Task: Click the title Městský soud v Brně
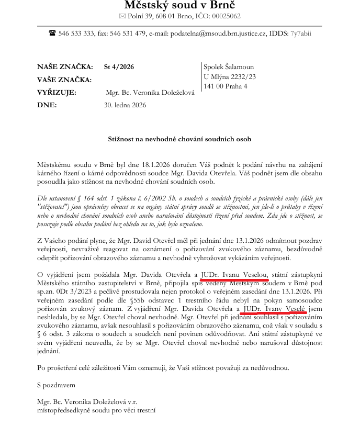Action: (179, 5)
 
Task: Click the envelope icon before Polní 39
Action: (123, 17)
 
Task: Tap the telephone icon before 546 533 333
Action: (52, 33)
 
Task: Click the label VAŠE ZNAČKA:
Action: (64, 80)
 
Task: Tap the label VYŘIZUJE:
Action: (57, 93)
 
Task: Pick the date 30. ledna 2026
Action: (125, 105)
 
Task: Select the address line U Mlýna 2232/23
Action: (230, 77)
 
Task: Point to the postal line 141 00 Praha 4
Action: (226, 86)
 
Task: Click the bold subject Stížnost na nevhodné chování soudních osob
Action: (179, 139)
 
